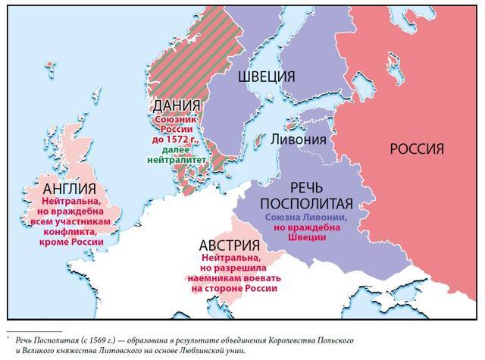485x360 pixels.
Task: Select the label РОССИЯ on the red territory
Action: point(416,149)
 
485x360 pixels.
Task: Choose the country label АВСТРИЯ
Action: point(234,246)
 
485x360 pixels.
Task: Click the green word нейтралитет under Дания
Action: point(178,161)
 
